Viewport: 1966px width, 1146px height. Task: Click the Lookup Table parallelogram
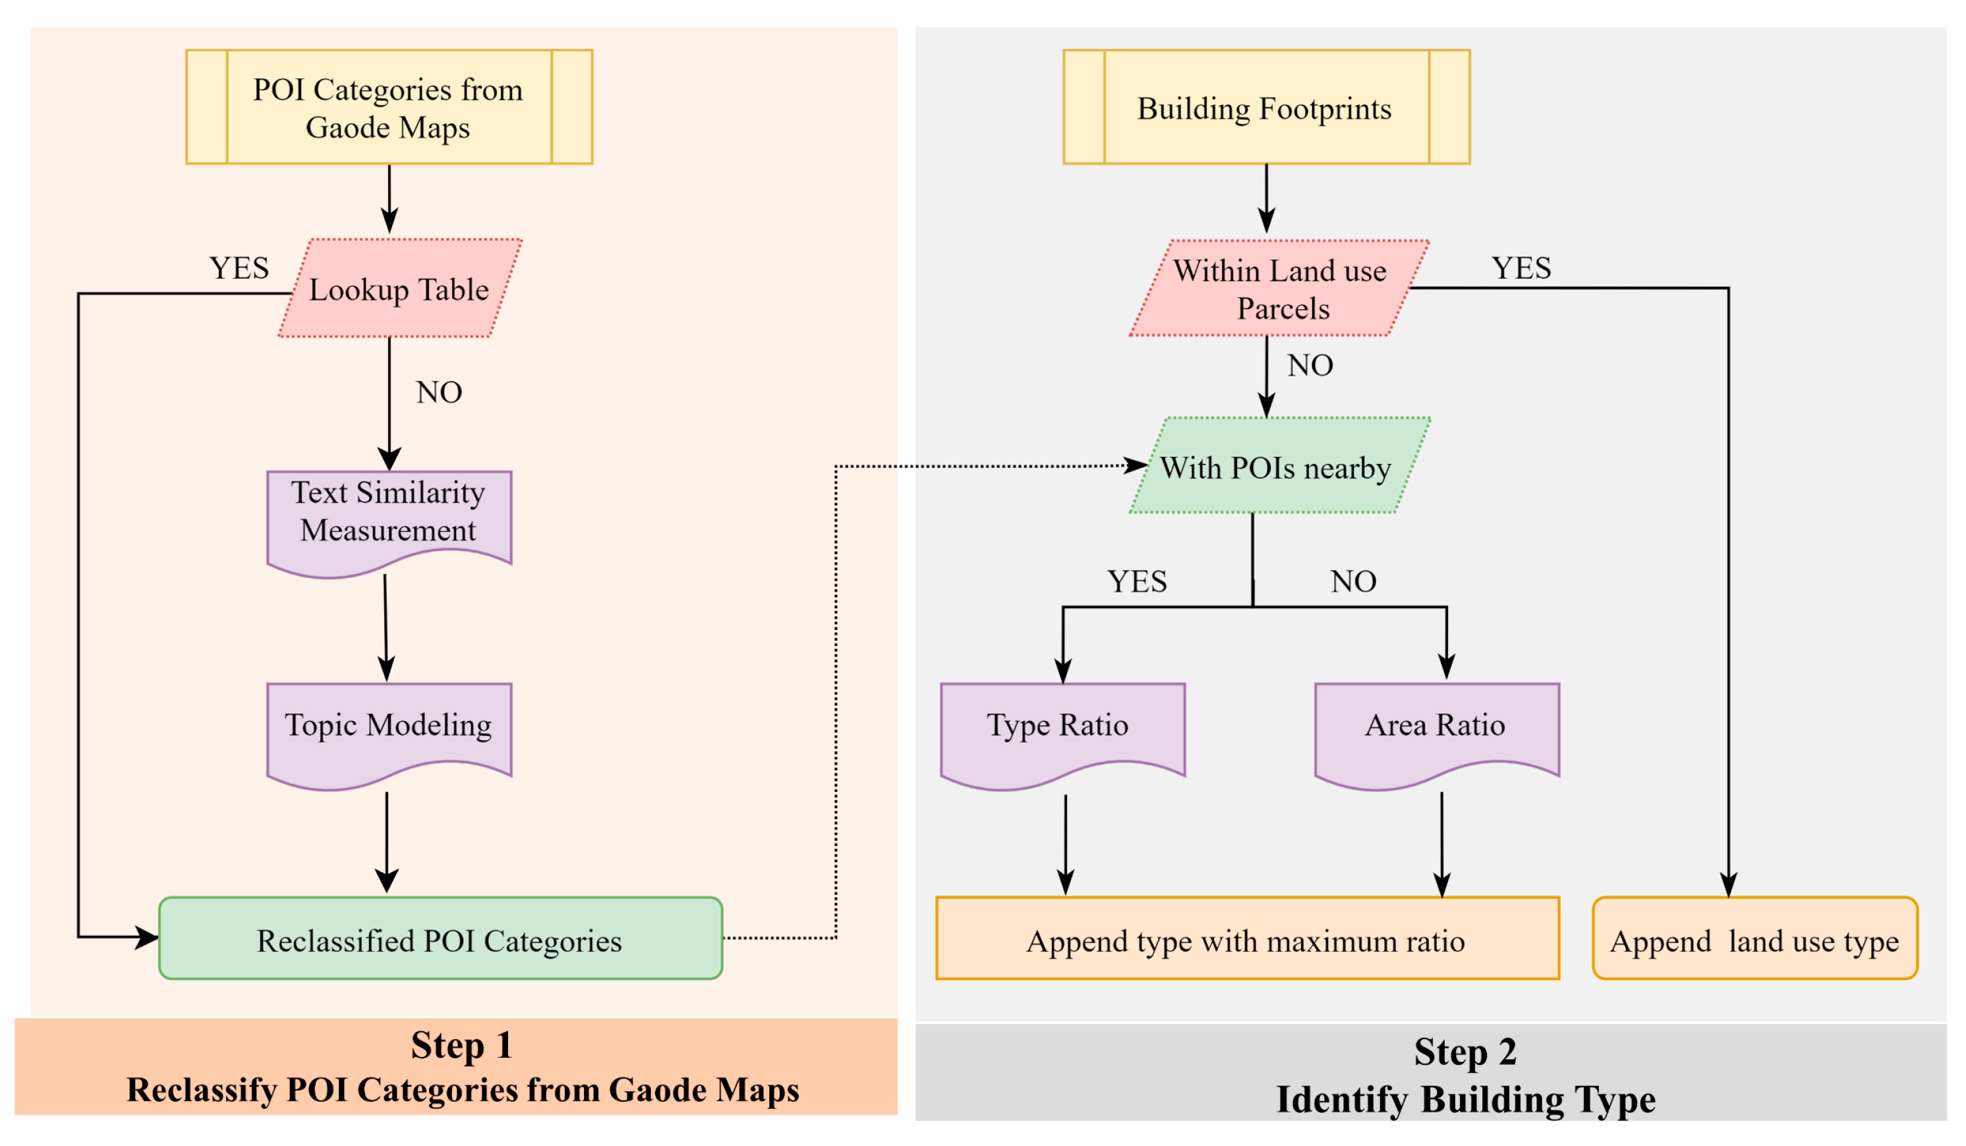click(x=399, y=289)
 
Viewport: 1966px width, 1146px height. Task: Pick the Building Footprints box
click(x=1265, y=107)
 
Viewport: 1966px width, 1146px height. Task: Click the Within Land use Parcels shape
click(x=1279, y=289)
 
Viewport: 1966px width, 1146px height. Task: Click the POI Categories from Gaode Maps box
click(x=388, y=107)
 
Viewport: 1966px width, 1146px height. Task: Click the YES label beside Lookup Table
click(x=239, y=268)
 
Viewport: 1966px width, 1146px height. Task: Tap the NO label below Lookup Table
click(x=439, y=392)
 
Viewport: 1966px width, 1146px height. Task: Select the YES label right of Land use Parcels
click(x=1521, y=268)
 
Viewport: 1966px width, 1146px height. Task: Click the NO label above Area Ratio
click(x=1353, y=581)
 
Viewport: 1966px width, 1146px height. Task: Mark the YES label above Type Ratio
click(x=1137, y=581)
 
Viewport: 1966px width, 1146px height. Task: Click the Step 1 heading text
click(x=462, y=1045)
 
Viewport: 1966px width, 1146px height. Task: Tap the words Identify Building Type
click(x=1465, y=1099)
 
